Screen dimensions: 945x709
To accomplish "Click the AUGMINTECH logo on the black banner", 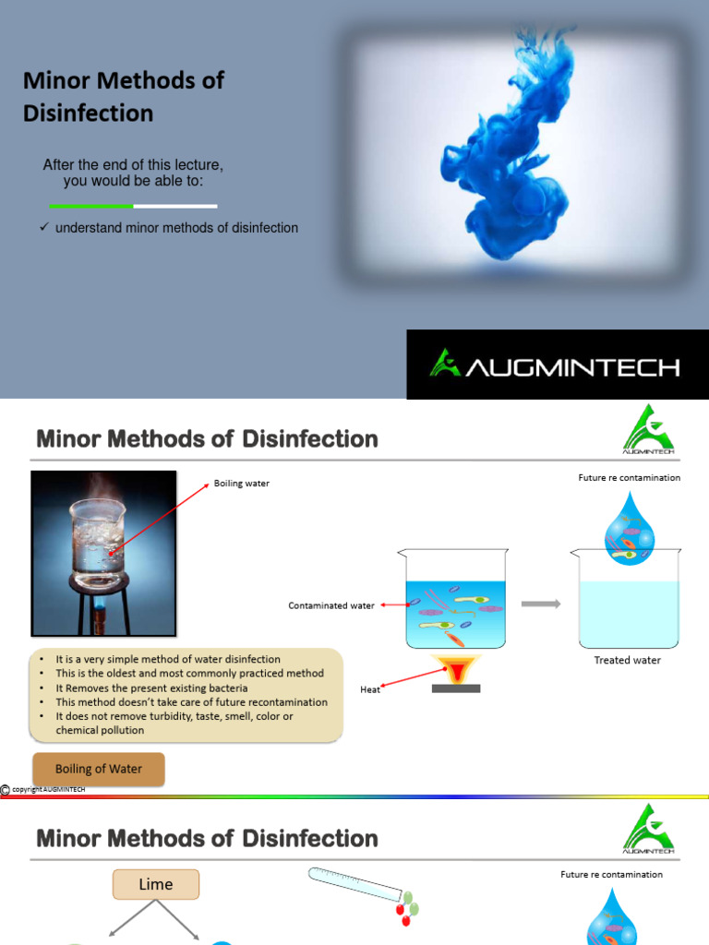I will pos(555,365).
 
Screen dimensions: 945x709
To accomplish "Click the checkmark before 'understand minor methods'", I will pos(43,227).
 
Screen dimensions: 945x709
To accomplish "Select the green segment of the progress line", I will pos(90,206).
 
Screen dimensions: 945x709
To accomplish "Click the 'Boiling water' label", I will pos(241,484).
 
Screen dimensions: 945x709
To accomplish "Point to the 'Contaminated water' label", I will pos(331,605).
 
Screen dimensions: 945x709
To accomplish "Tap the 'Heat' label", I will pos(369,688).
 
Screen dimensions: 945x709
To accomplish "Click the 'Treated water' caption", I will pos(627,660).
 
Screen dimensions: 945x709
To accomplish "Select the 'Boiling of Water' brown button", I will pos(99,769).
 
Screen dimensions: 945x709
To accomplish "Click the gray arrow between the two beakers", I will pos(541,604).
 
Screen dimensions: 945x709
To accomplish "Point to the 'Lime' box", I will pos(156,884).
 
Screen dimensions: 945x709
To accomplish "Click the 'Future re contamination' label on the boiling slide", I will pos(628,477).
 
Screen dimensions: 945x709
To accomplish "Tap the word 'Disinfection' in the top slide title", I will pos(88,114).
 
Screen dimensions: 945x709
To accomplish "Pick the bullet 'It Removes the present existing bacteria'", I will pos(148,688).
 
